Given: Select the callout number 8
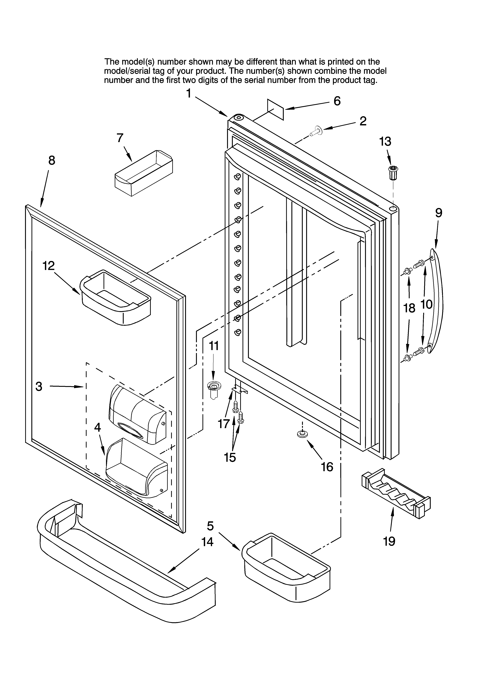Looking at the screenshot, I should coord(52,161).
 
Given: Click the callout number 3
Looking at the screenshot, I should coord(39,386).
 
